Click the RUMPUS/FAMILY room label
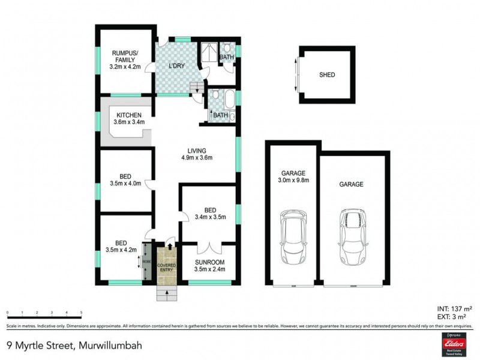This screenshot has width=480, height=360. pyautogui.click(x=125, y=56)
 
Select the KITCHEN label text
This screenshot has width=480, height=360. pyautogui.click(x=129, y=115)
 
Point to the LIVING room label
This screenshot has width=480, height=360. pyautogui.click(x=197, y=150)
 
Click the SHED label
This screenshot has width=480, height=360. pyautogui.click(x=327, y=75)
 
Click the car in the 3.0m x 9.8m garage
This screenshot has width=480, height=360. pyautogui.click(x=293, y=236)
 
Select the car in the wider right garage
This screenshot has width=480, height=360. pyautogui.click(x=352, y=236)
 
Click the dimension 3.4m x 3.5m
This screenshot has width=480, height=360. pyautogui.click(x=209, y=217)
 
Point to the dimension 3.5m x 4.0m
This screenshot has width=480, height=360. pyautogui.click(x=125, y=184)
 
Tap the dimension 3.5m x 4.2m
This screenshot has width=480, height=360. pyautogui.click(x=121, y=250)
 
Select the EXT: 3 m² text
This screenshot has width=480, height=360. pyautogui.click(x=455, y=314)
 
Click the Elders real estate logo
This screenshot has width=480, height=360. pyautogui.click(x=451, y=343)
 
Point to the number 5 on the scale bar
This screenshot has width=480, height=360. pyautogui.click(x=81, y=313)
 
